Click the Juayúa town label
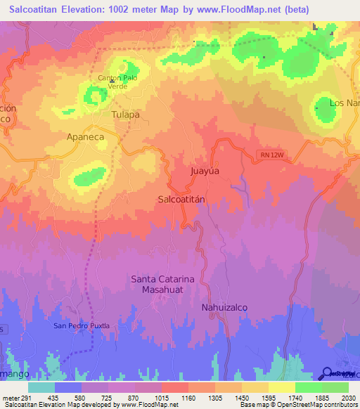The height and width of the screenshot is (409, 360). coord(205,170)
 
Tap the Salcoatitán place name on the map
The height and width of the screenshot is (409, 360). coord(181,199)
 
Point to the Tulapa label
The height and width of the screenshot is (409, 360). coord(126,114)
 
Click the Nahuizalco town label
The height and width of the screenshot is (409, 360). coord(224,308)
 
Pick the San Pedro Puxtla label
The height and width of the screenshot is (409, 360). coord(82,326)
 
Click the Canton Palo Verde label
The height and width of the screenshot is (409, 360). coord(117,82)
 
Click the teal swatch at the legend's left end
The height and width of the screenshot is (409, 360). coord(41,387)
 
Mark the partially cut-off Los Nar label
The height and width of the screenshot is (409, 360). coord(345,103)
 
